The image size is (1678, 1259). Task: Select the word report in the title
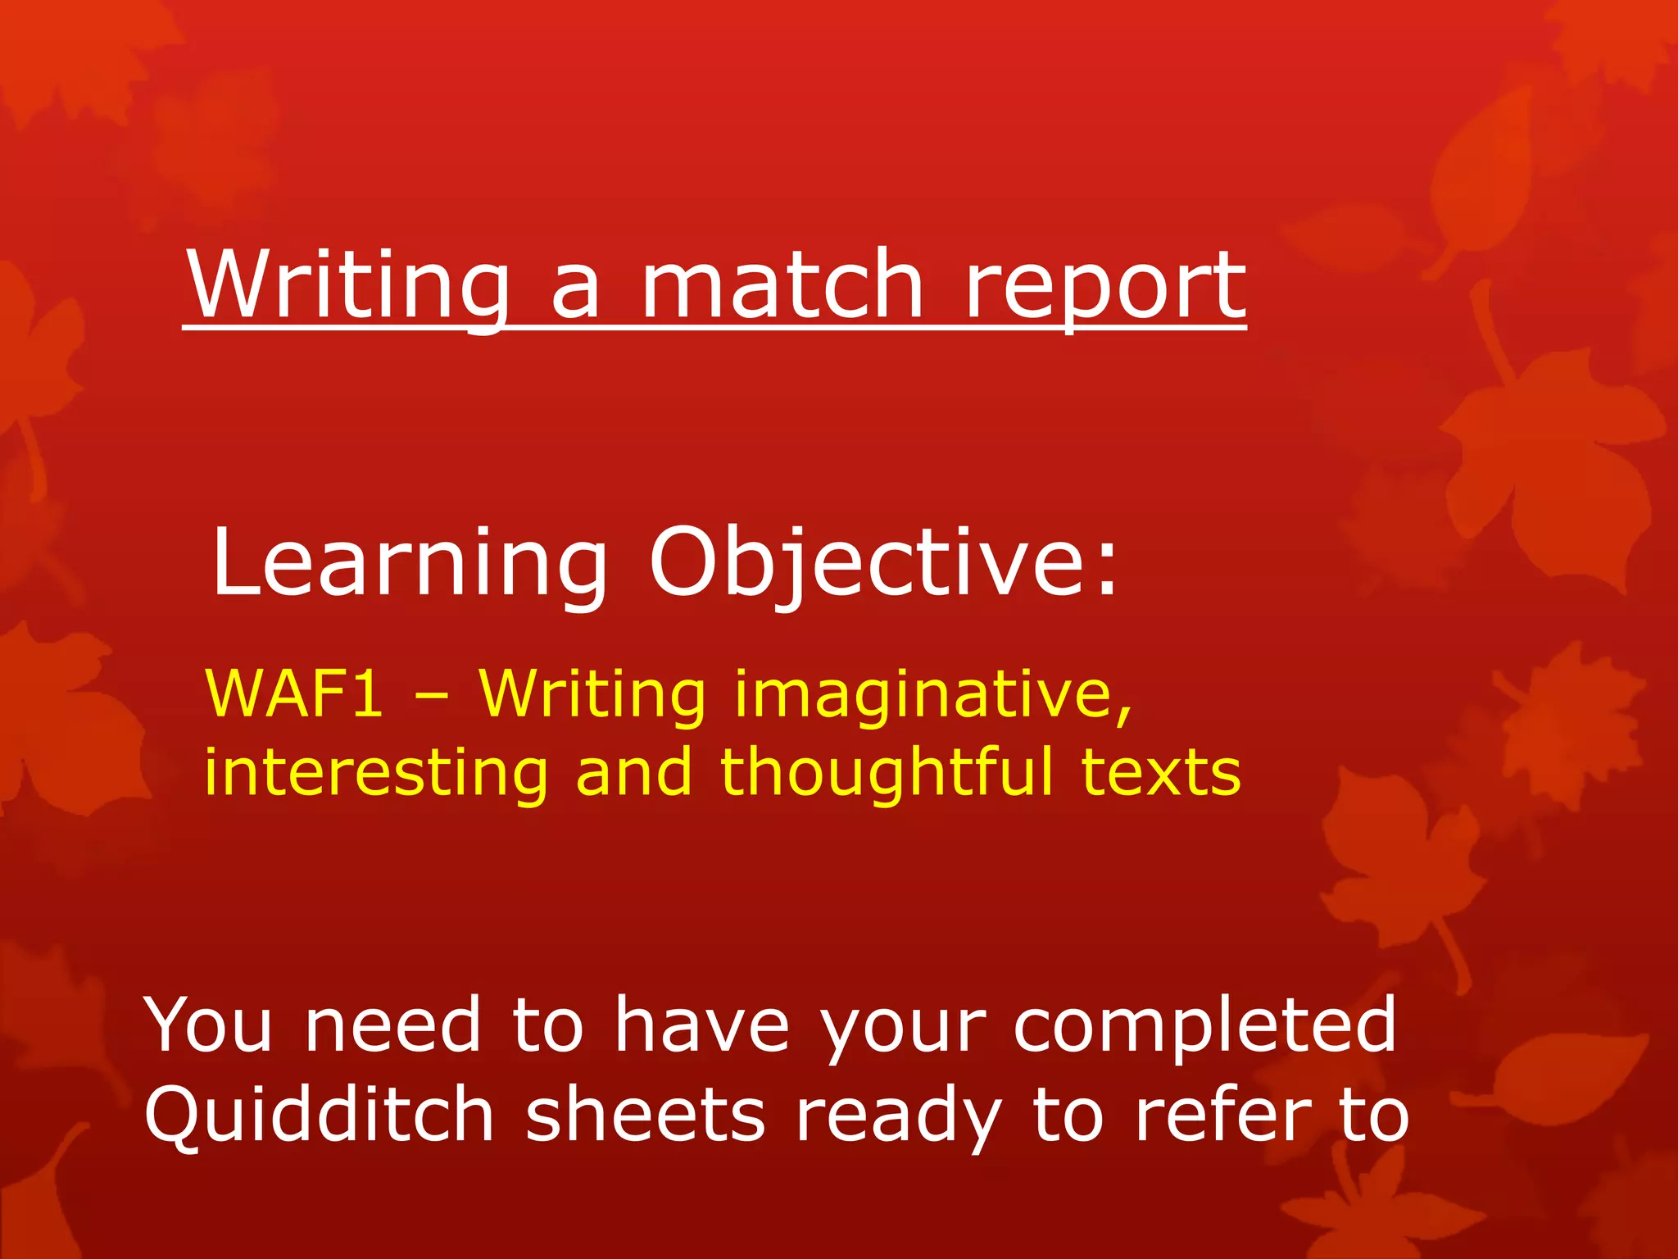coord(1105,287)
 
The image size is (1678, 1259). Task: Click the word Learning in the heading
coord(409,566)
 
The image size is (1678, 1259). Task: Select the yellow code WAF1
coord(293,693)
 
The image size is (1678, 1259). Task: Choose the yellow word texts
coord(1161,773)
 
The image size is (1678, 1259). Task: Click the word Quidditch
coord(319,1116)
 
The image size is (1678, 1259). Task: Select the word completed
coord(1204,1025)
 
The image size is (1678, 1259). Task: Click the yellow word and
coord(633,773)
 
